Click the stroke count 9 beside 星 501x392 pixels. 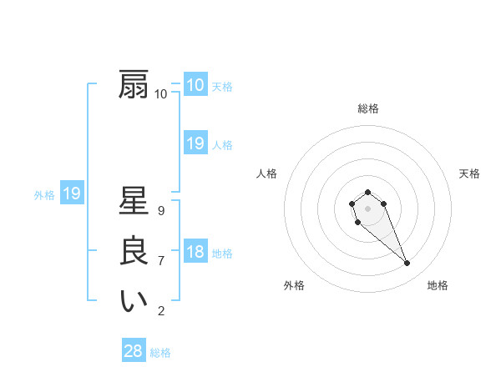pyautogui.click(x=161, y=211)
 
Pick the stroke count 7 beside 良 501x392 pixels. pyautogui.click(x=161, y=261)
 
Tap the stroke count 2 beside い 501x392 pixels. pyautogui.click(x=161, y=311)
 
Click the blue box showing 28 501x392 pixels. pyautogui.click(x=134, y=351)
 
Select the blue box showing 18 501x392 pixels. pyautogui.click(x=195, y=252)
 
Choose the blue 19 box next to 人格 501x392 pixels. pyautogui.click(x=195, y=143)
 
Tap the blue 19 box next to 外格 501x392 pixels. pyautogui.click(x=72, y=194)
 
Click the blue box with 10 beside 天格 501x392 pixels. pyautogui.click(x=195, y=85)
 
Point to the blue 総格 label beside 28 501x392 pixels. pyautogui.click(x=160, y=353)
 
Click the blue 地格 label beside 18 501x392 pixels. pyautogui.click(x=222, y=254)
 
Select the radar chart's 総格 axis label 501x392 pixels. pyautogui.click(x=367, y=108)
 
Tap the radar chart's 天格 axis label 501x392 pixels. pyautogui.click(x=469, y=173)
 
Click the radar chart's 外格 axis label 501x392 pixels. pyautogui.click(x=294, y=285)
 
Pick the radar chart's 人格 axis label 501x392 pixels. pyautogui.click(x=267, y=173)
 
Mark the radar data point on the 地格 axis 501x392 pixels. pyautogui.click(x=407, y=264)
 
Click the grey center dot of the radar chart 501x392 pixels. pyautogui.click(x=367, y=207)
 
